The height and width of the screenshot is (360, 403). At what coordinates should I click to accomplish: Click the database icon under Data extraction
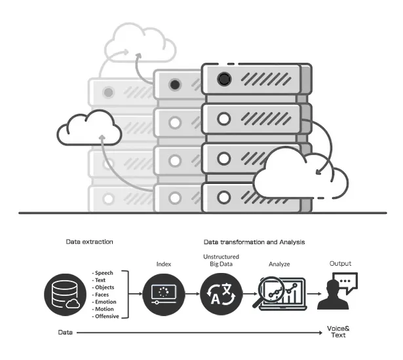65,294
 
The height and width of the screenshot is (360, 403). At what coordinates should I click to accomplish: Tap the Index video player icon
163,294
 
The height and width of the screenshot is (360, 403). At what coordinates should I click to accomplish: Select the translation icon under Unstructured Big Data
222,294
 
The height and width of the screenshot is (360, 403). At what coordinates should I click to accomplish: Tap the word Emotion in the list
106,302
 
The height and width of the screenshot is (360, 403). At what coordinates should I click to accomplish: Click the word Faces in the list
103,295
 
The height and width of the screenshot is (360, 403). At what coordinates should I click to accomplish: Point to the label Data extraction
90,242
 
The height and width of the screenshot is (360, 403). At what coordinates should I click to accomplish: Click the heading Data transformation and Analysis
254,242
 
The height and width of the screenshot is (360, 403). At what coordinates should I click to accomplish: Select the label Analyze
279,264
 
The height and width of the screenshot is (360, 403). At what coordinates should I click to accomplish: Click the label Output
339,263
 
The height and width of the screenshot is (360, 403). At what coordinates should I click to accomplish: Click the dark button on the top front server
224,80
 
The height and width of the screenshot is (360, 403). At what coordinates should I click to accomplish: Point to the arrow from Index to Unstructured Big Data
192,295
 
